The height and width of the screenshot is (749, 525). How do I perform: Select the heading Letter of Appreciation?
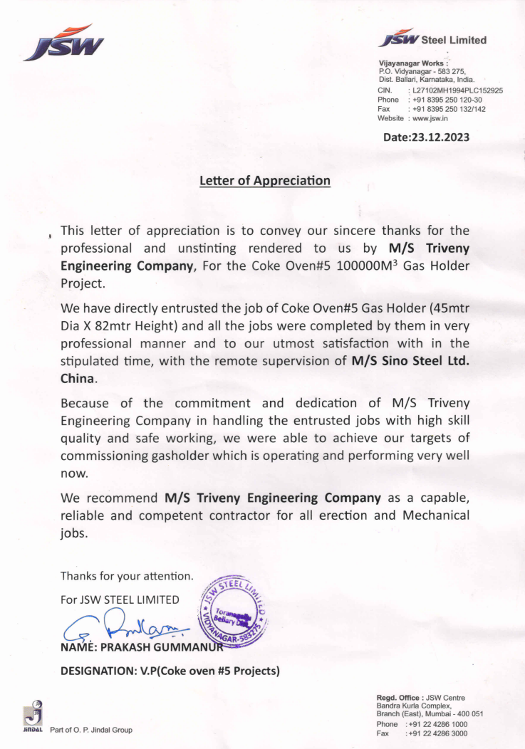(265, 181)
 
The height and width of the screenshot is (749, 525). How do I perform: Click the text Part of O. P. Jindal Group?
(91, 730)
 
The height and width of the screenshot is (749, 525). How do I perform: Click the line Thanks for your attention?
(127, 575)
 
